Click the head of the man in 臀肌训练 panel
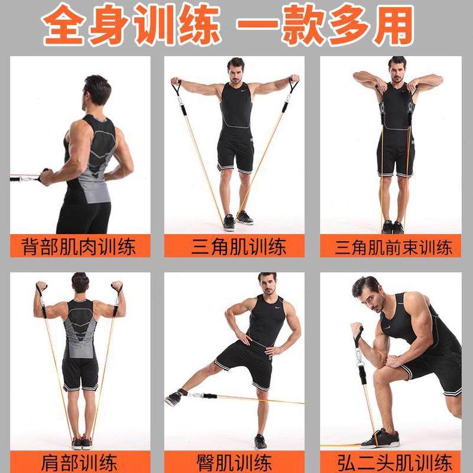point(267,286)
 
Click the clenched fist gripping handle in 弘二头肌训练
point(356,330)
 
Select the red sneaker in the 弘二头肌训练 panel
point(378,439)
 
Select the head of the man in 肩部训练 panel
point(80,284)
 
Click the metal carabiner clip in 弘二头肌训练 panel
point(359,358)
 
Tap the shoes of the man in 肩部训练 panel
point(81,443)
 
